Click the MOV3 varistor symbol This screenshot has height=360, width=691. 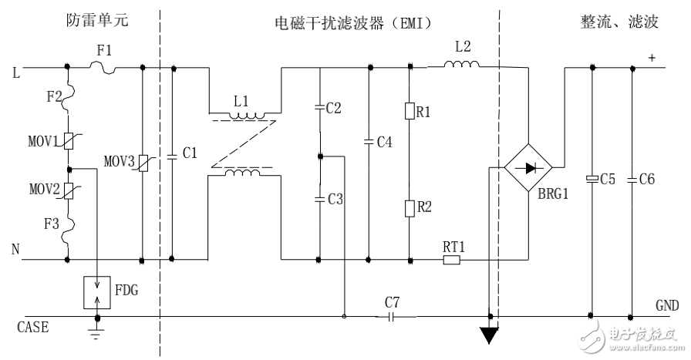click(143, 164)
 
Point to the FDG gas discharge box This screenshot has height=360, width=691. click(97, 291)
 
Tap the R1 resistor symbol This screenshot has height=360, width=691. click(410, 112)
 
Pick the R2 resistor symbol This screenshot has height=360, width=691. click(410, 207)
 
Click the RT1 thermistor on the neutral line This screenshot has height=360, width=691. click(452, 260)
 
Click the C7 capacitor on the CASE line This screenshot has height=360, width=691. click(392, 316)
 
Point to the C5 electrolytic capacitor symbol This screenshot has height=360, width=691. click(592, 179)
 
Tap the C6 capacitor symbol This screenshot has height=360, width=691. click(631, 179)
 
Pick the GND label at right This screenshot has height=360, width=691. click(667, 304)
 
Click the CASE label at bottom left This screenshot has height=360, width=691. click(33, 327)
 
